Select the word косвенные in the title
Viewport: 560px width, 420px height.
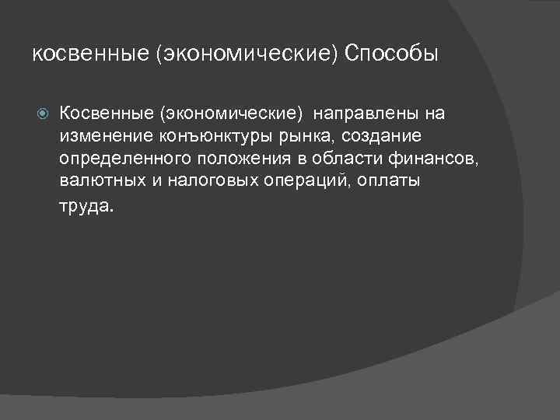[82, 54]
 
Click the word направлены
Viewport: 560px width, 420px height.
[366, 114]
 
